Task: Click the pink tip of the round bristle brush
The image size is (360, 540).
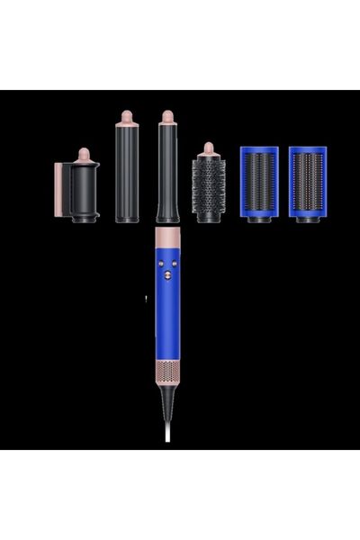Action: click(208, 149)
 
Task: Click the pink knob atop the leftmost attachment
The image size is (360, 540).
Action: click(84, 155)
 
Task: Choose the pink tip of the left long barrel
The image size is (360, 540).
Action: click(126, 117)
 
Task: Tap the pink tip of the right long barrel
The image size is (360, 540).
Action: click(166, 117)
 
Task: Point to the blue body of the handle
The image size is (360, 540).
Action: click(167, 315)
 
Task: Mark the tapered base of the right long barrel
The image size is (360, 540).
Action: click(166, 214)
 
